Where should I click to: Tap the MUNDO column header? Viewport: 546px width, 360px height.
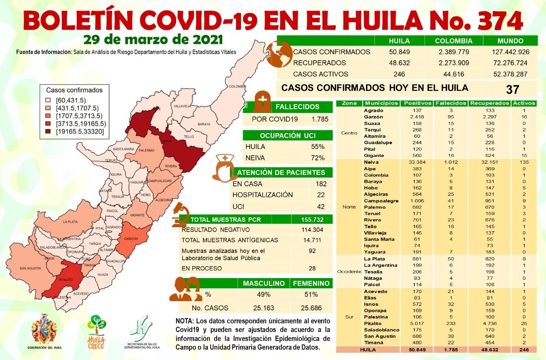510,41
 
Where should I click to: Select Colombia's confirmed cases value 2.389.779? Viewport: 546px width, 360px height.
454,52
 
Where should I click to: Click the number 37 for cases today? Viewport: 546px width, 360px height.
512,89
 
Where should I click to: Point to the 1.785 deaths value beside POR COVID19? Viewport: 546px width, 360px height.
320,119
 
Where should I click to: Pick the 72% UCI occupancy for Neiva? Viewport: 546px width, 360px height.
318,158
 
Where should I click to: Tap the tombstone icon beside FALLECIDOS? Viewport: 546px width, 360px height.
262,102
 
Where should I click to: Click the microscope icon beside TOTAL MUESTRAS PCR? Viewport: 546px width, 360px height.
181,215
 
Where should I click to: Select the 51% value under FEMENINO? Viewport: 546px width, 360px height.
311,294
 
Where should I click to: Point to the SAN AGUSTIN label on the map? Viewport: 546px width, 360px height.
30,268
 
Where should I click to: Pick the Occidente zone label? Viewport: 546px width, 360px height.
349,272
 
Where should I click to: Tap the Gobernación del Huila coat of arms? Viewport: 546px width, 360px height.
44,328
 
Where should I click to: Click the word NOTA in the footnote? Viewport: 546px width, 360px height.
185,320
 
